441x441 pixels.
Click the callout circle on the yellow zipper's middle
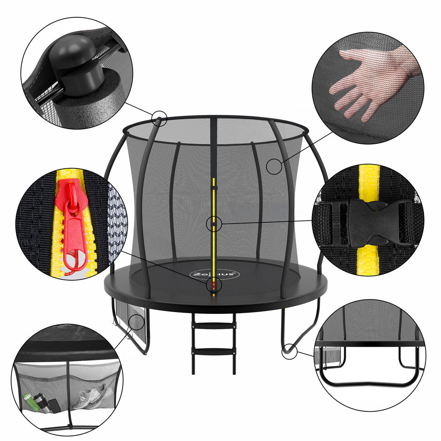[x=214, y=224]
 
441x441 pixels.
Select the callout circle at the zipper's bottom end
[x=214, y=285]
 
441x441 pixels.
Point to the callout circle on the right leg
[x=289, y=352]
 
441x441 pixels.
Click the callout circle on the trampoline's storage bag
[x=137, y=321]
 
